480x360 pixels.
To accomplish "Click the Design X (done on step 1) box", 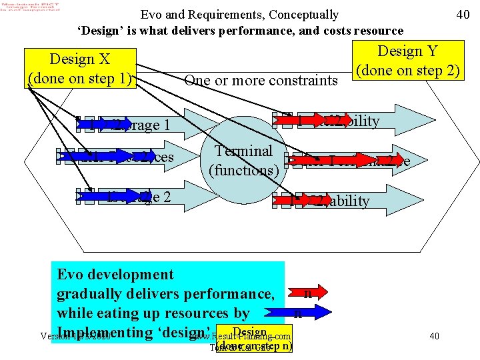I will pos(80,68).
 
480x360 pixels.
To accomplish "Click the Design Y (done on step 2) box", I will pos(408,60).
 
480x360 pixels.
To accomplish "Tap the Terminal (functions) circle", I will pos(244,161).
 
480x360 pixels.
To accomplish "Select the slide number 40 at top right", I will pos(463,14).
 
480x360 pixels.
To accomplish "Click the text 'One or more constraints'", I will pos(261,80).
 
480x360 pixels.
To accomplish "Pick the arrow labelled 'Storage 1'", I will pos(143,124).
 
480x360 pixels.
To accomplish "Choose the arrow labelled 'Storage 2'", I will pos(143,197).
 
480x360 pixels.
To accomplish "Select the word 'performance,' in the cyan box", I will pos(227,293).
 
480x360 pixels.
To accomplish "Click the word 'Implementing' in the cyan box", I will pos(109,332).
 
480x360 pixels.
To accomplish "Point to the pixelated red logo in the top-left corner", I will pos(30,9).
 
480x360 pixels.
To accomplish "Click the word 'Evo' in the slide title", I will pos(151,14).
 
